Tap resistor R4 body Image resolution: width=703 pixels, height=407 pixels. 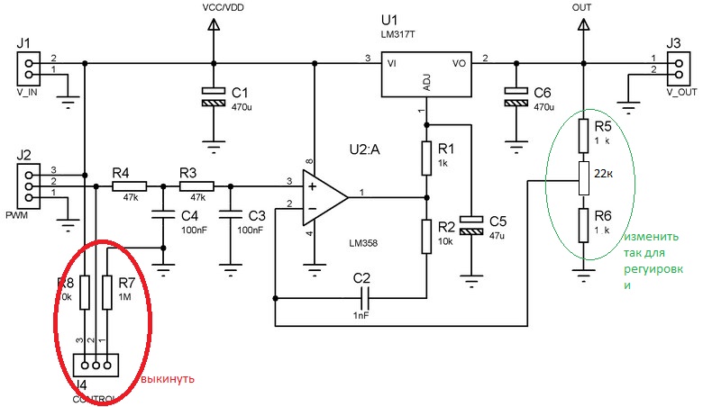coord(123,186)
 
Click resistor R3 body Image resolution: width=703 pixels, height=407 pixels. coord(191,186)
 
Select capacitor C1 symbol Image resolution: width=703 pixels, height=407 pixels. coord(214,98)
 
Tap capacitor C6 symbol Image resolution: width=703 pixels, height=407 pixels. coord(516,98)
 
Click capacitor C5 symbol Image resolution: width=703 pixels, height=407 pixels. coord(470,224)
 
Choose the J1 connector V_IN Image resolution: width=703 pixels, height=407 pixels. coord(29,68)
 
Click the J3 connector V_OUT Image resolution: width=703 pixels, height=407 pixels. coord(673,68)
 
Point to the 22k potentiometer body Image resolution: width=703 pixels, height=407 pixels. coord(582,180)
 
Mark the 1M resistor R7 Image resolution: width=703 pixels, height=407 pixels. coord(106,292)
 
